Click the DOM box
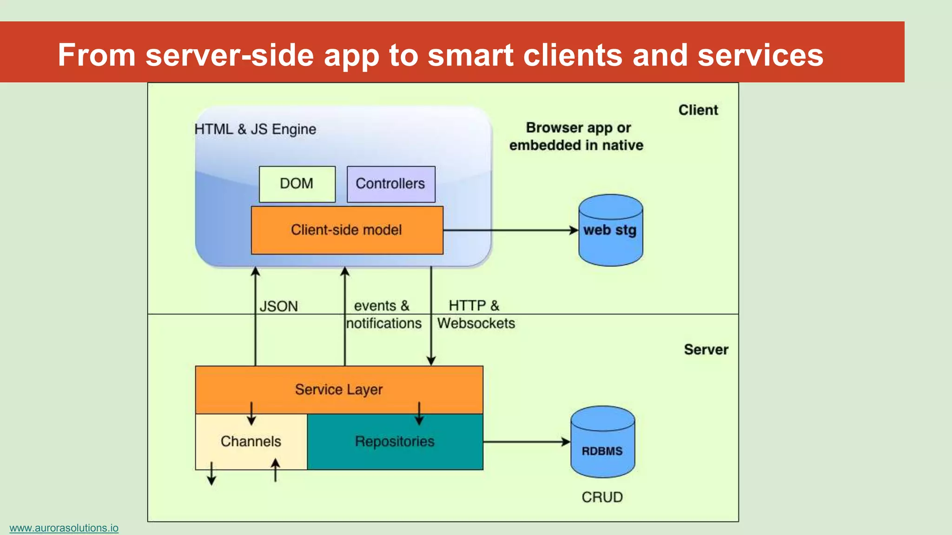[x=297, y=184]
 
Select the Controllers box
[x=391, y=184]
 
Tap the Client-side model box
[x=347, y=230]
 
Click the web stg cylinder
[x=610, y=230]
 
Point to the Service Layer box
[x=339, y=389]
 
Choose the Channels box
[x=251, y=441]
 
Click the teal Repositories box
[x=395, y=441]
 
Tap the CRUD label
[x=602, y=497]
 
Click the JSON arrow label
[x=278, y=307]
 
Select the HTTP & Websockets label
[x=476, y=314]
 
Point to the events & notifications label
[x=383, y=314]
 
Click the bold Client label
[x=698, y=110]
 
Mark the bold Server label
[x=706, y=350]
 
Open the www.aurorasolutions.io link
[x=64, y=528]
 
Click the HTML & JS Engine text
[x=255, y=129]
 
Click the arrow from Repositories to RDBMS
[x=526, y=442]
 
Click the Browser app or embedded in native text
[x=576, y=137]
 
